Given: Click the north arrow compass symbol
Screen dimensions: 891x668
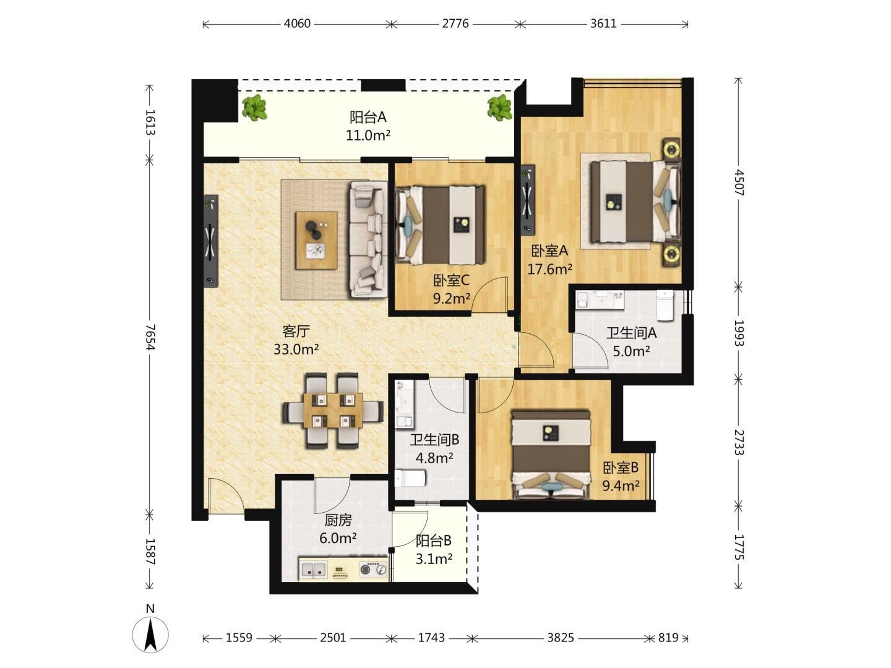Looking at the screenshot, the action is coord(150,635).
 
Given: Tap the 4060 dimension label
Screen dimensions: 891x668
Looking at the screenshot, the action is coord(297,24).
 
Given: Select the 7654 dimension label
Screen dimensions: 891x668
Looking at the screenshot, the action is coord(150,337).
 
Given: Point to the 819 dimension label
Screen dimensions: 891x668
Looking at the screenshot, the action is coord(668,638).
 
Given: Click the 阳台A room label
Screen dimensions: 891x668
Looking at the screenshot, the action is coord(368,118).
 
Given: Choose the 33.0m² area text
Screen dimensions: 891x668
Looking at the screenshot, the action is coord(296,349).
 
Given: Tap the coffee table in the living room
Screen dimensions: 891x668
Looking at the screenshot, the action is coord(317,240).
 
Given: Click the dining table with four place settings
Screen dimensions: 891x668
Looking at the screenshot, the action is coord(333,411).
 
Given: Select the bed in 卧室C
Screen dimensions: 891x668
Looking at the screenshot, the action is coord(441,225).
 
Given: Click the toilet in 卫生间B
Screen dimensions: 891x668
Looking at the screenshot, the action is coord(410,478).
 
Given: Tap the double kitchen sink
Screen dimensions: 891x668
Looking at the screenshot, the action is coord(313,570).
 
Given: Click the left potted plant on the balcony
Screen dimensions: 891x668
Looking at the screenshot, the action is coord(254,108).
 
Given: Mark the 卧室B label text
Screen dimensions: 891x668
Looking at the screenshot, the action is coord(621,468).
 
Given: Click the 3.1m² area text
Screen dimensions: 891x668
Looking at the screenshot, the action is coord(434,559).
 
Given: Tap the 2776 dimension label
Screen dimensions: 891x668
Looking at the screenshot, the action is coord(455,24).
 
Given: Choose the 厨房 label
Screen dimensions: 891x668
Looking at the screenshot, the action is coord(338,520).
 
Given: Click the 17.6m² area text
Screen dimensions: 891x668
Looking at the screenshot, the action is coord(550,268).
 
